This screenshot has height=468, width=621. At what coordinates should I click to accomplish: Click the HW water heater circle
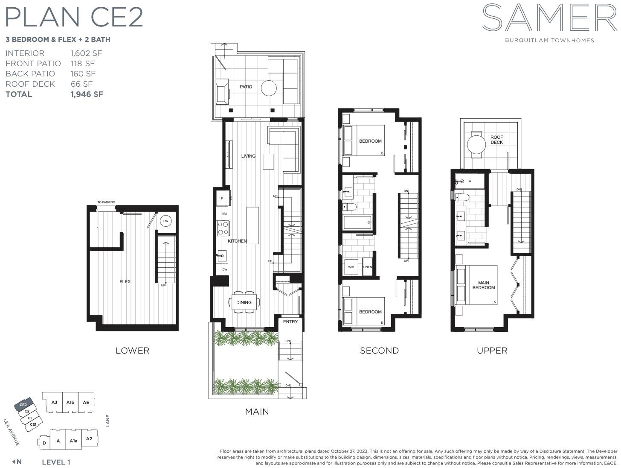(x=165, y=221)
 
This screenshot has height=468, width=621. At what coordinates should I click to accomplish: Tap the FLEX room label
(x=125, y=281)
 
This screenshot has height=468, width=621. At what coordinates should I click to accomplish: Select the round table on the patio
(x=268, y=88)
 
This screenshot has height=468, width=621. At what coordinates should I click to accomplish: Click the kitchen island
(x=252, y=225)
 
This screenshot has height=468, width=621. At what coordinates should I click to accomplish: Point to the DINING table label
(x=244, y=302)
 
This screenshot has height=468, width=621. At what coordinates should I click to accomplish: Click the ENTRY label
(x=290, y=322)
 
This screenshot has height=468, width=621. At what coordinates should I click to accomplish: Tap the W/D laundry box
(x=351, y=267)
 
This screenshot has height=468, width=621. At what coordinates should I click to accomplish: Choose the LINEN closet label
(x=368, y=267)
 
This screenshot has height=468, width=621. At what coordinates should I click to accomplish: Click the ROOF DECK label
(x=496, y=140)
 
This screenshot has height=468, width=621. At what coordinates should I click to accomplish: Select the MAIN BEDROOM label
(x=484, y=285)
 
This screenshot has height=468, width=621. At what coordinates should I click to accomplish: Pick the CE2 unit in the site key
(x=23, y=405)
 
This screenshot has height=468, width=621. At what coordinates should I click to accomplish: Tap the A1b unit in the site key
(x=70, y=402)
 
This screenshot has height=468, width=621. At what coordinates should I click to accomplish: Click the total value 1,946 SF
(x=87, y=94)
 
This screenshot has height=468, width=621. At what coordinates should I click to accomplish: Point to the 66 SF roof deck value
(x=81, y=84)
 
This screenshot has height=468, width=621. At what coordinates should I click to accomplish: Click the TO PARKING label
(x=106, y=202)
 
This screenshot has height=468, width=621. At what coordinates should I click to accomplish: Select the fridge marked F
(x=222, y=198)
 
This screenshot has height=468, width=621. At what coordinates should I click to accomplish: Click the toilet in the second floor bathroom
(x=349, y=207)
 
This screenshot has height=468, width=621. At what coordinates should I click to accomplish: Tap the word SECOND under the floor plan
(x=380, y=351)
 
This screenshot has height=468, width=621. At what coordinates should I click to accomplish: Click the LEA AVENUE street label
(x=12, y=432)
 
